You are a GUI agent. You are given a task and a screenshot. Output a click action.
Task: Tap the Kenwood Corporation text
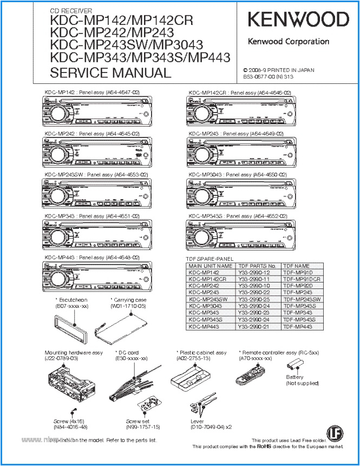[288, 42]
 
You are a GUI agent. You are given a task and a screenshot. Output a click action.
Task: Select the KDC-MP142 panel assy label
[92, 93]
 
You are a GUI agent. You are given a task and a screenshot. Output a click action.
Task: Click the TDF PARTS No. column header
[257, 266]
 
